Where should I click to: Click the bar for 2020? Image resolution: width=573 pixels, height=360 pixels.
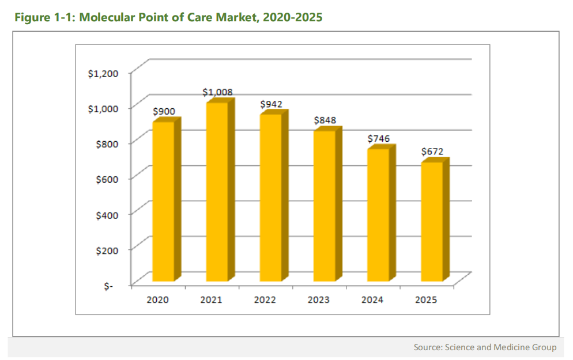tap(163, 202)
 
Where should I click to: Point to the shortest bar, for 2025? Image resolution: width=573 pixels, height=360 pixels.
tap(432, 222)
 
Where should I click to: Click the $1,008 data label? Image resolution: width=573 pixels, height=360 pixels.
tap(217, 92)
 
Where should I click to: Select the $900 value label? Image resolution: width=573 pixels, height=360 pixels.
tap(164, 111)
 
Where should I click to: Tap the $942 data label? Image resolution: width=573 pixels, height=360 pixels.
tap(271, 104)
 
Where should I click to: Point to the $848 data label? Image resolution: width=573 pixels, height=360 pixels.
tap(325, 120)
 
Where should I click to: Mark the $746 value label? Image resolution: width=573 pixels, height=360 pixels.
tap(379, 138)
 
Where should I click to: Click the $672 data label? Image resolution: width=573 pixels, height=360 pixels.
tap(433, 151)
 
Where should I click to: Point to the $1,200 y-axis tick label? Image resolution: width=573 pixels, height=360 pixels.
tap(103, 73)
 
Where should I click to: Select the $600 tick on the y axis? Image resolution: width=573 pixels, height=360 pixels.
tap(105, 179)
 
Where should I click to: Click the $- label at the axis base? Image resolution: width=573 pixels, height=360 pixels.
tap(108, 286)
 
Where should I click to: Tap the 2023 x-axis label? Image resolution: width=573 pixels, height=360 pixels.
tap(318, 300)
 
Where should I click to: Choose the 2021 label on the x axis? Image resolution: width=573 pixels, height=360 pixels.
tap(211, 300)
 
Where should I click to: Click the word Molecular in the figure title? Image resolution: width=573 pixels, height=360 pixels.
tap(110, 17)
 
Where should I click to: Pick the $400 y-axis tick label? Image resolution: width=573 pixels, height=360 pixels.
tap(105, 214)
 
